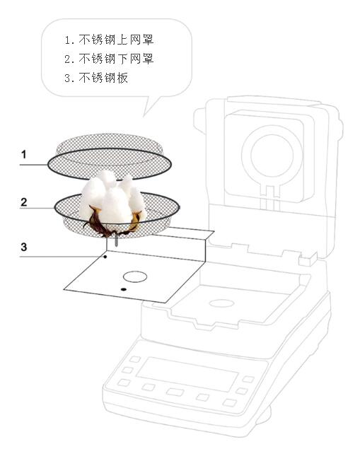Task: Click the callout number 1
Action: point(24,155)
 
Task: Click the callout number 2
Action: point(24,202)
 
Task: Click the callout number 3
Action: point(24,247)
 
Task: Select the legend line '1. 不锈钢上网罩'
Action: point(109,40)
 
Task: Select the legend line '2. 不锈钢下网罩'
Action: point(109,59)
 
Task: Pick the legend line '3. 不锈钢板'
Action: point(96,78)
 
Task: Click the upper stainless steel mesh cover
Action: point(110,157)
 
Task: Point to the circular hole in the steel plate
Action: point(135,276)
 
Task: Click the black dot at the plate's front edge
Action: point(124,289)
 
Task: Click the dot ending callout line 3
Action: point(105,257)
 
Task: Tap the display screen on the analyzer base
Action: point(187,374)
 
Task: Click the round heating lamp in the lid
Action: point(272,155)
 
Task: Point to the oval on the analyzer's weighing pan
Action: point(221,303)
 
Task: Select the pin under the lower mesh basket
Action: point(116,240)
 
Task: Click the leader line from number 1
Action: point(33,165)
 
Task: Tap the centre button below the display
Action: point(175,392)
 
